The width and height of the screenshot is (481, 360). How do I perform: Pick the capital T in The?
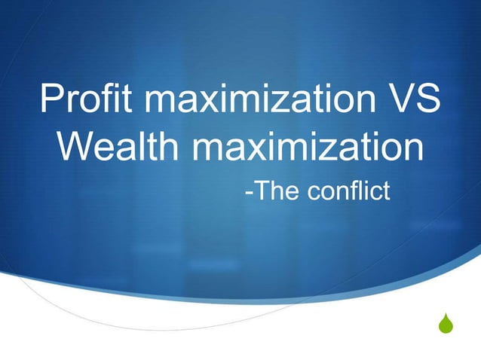(x=260, y=191)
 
